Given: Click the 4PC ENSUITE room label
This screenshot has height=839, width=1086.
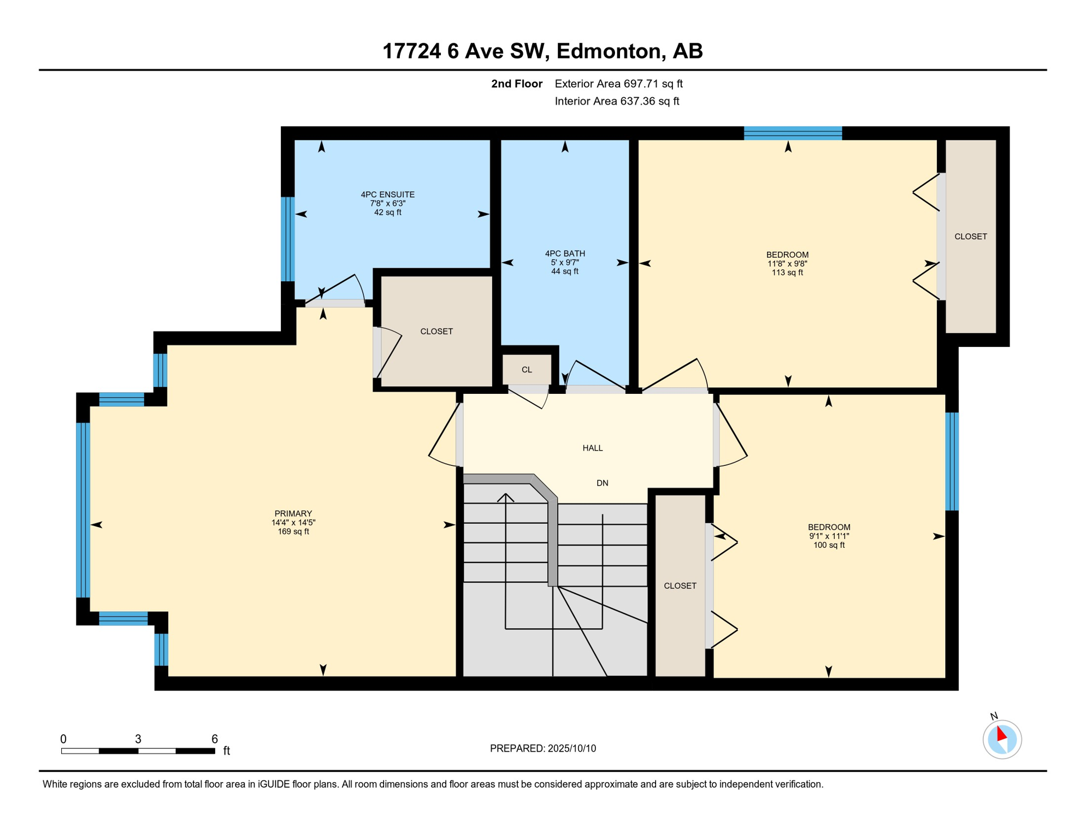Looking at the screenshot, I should (387, 194).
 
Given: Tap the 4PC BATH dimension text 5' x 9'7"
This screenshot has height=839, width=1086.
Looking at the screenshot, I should (564, 263).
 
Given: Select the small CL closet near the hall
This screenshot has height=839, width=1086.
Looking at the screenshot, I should (526, 370).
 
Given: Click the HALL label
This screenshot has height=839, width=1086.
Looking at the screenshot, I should (592, 448).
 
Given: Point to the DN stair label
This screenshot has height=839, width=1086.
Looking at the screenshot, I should (602, 483).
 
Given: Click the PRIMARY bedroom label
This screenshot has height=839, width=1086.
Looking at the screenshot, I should (293, 513).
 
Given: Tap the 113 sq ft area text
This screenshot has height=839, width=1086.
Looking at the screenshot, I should (787, 273).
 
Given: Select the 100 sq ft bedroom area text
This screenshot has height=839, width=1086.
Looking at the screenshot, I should (828, 545).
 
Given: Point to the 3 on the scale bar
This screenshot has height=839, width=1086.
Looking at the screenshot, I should (138, 739).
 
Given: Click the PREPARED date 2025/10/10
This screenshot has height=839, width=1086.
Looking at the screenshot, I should (542, 748).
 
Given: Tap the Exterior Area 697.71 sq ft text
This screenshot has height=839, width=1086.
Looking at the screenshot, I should (618, 84).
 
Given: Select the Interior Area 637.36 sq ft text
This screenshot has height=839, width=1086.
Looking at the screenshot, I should (617, 101).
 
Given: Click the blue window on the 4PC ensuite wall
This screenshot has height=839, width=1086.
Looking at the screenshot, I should (288, 239).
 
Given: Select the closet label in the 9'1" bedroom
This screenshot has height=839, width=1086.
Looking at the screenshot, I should (680, 586).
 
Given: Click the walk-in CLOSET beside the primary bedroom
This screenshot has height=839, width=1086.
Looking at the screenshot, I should (436, 332).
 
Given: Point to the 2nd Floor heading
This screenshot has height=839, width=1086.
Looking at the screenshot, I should (516, 84).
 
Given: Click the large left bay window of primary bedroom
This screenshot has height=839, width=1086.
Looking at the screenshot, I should (83, 509).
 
